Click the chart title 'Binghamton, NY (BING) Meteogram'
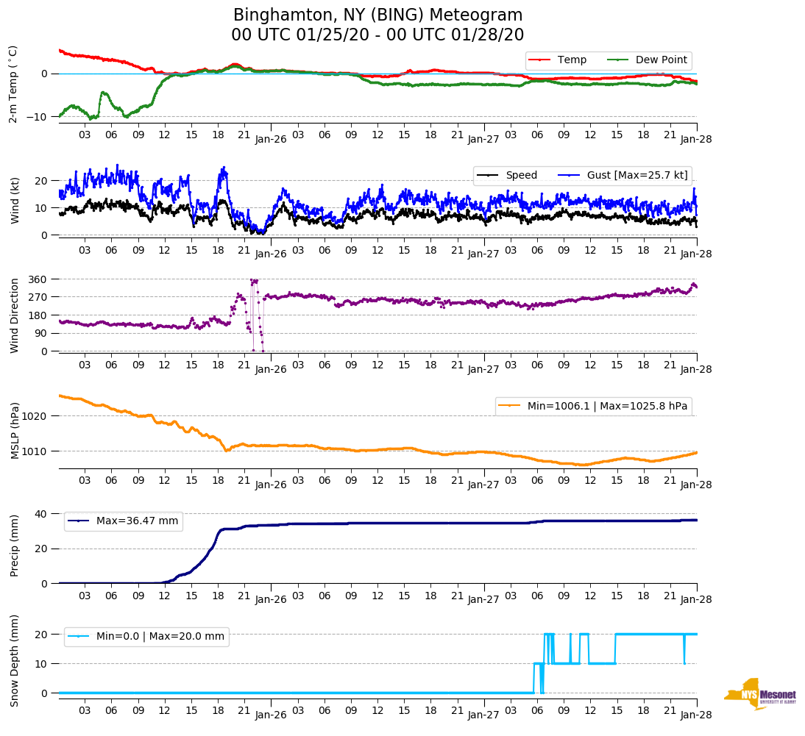[x=377, y=15]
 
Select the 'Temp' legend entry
[x=572, y=60]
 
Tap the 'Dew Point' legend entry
[x=661, y=60]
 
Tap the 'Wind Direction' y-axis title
[x=15, y=315]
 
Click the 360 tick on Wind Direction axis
[x=38, y=279]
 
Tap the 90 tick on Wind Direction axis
[x=41, y=333]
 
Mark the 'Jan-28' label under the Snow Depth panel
[x=696, y=714]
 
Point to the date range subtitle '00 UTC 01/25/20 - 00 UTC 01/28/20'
[x=377, y=35]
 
